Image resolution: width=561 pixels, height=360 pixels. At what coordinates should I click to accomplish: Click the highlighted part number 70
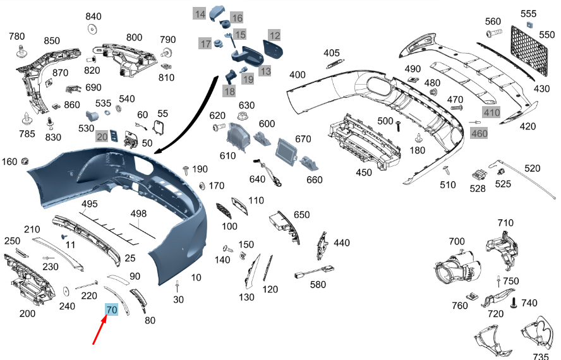[x=111, y=309]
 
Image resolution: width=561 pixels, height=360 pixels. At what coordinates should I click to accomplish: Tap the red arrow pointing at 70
[x=100, y=330]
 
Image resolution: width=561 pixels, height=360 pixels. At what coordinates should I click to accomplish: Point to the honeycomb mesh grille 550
[x=529, y=51]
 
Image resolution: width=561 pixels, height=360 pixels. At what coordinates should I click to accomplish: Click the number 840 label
[x=93, y=16]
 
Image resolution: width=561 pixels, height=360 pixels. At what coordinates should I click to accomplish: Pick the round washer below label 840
[x=92, y=29]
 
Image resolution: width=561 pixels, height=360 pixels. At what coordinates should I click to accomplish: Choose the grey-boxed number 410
[x=492, y=112]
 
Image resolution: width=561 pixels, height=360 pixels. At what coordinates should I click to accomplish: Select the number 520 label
[x=532, y=168]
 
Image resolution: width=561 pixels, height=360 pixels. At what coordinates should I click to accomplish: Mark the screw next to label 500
[x=398, y=126]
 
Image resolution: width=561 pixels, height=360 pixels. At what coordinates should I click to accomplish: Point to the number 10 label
[x=196, y=277]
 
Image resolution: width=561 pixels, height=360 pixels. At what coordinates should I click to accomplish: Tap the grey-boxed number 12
[x=274, y=35]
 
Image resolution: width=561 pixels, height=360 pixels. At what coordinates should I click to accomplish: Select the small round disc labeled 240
[x=66, y=291]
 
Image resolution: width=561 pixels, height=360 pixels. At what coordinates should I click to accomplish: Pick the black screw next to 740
[x=514, y=303]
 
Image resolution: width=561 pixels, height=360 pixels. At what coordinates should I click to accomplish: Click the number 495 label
[x=90, y=203]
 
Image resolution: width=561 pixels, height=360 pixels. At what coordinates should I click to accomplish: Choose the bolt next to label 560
[x=494, y=33]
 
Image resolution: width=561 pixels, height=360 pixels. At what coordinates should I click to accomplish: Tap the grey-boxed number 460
[x=479, y=134]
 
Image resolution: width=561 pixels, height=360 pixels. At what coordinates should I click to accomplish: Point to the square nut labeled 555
[x=530, y=25]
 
